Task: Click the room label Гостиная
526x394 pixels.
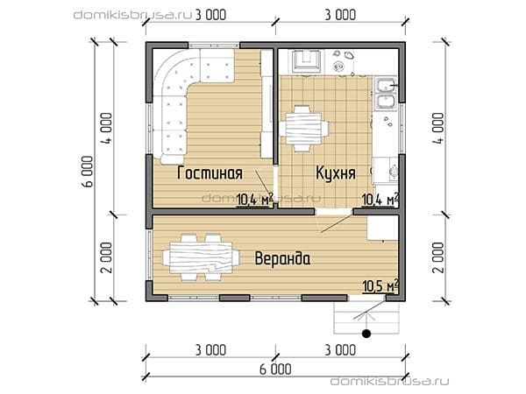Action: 210,173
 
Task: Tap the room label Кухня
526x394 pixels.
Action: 336,173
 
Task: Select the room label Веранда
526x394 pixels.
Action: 282,258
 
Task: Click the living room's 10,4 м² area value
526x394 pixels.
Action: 255,200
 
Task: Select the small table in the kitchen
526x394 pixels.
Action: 303,129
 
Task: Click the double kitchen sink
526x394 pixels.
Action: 385,94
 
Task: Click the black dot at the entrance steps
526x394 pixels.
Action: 366,334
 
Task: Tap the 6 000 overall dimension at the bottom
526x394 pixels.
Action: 275,369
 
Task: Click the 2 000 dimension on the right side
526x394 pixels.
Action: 439,257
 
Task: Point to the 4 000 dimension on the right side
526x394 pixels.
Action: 439,129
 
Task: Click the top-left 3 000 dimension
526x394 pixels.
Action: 210,15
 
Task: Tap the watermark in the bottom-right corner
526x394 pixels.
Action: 390,381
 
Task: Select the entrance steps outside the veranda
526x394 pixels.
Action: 366,317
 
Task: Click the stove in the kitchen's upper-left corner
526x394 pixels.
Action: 306,60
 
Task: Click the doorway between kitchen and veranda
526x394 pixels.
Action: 334,211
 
